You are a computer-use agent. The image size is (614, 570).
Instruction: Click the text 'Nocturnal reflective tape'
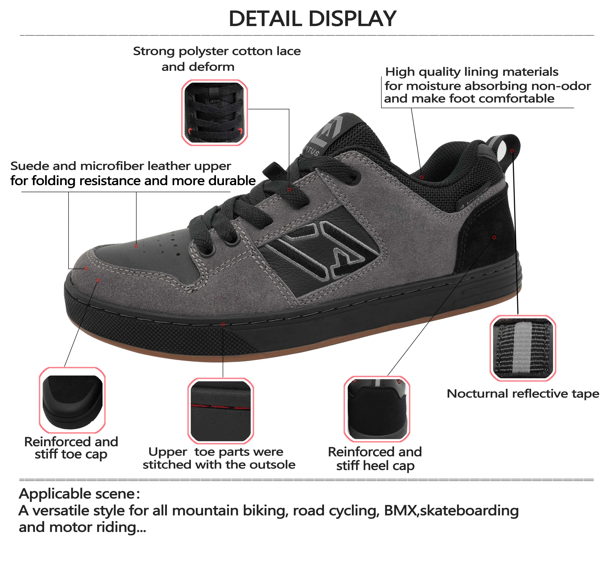point(523,394)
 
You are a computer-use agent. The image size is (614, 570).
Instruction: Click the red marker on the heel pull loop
point(512,151)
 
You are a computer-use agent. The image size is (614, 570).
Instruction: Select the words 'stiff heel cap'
point(375,466)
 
